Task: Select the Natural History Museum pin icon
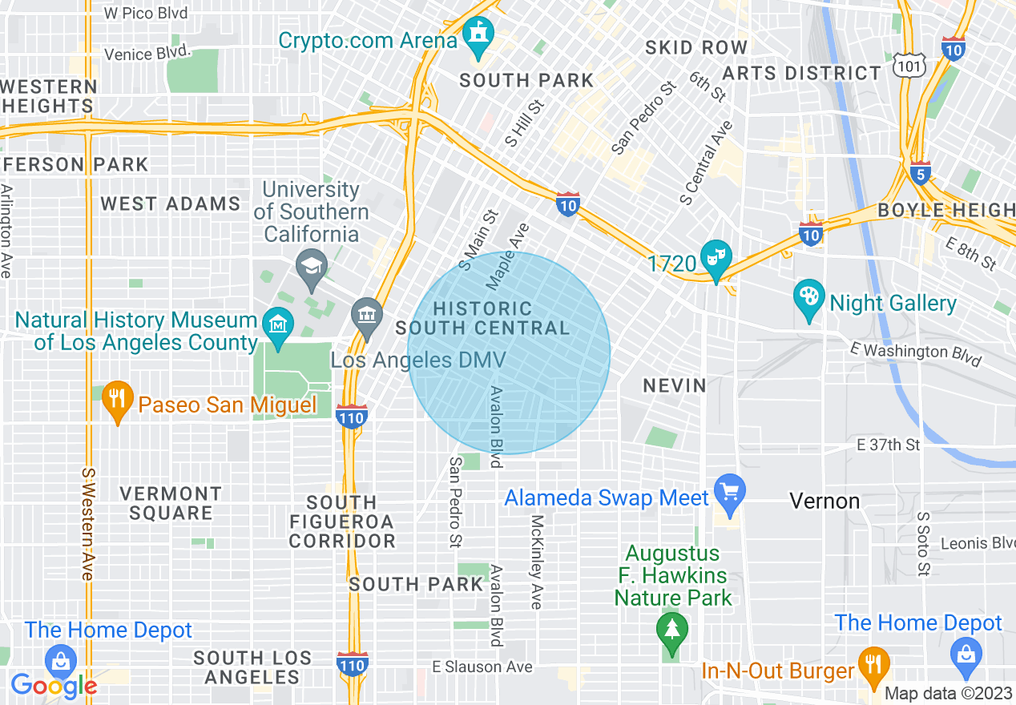(x=278, y=325)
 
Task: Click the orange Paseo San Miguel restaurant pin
(x=118, y=399)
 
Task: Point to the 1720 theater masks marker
(x=715, y=259)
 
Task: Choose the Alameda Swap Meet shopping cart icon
(x=729, y=492)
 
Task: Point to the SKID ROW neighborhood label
(x=696, y=48)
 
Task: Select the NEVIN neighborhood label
(x=675, y=386)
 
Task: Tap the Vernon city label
(x=824, y=502)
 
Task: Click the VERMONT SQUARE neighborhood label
(x=171, y=503)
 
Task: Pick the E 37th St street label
(x=889, y=445)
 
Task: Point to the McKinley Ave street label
(x=536, y=561)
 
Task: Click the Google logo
(x=54, y=685)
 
